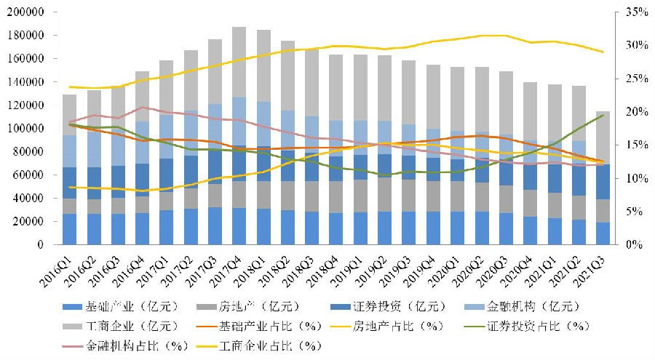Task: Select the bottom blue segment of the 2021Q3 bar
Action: pyautogui.click(x=603, y=233)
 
